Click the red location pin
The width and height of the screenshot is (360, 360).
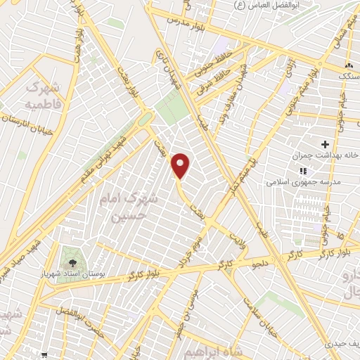(x=181, y=165)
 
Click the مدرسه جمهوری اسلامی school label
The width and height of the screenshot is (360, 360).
(x=303, y=181)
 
